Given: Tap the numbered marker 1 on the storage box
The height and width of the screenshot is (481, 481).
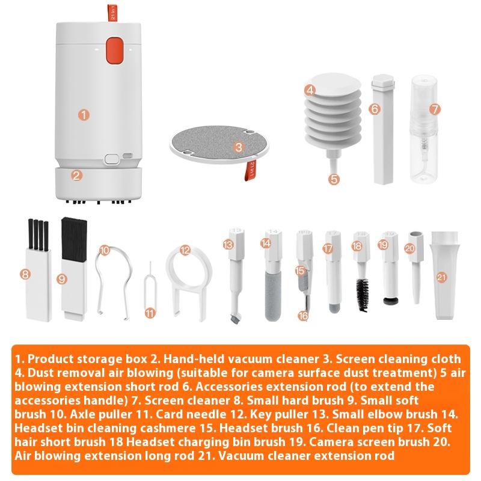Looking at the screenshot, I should (84, 113).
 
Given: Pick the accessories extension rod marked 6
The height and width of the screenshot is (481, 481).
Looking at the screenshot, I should (381, 129).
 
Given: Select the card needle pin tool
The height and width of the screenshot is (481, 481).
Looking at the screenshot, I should (150, 295).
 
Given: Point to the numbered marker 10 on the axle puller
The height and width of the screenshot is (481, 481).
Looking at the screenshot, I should (105, 250).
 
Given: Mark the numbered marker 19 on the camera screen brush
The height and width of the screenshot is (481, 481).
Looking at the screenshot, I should (383, 245).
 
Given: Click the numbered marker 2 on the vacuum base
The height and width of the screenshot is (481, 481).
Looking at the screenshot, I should (76, 176).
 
